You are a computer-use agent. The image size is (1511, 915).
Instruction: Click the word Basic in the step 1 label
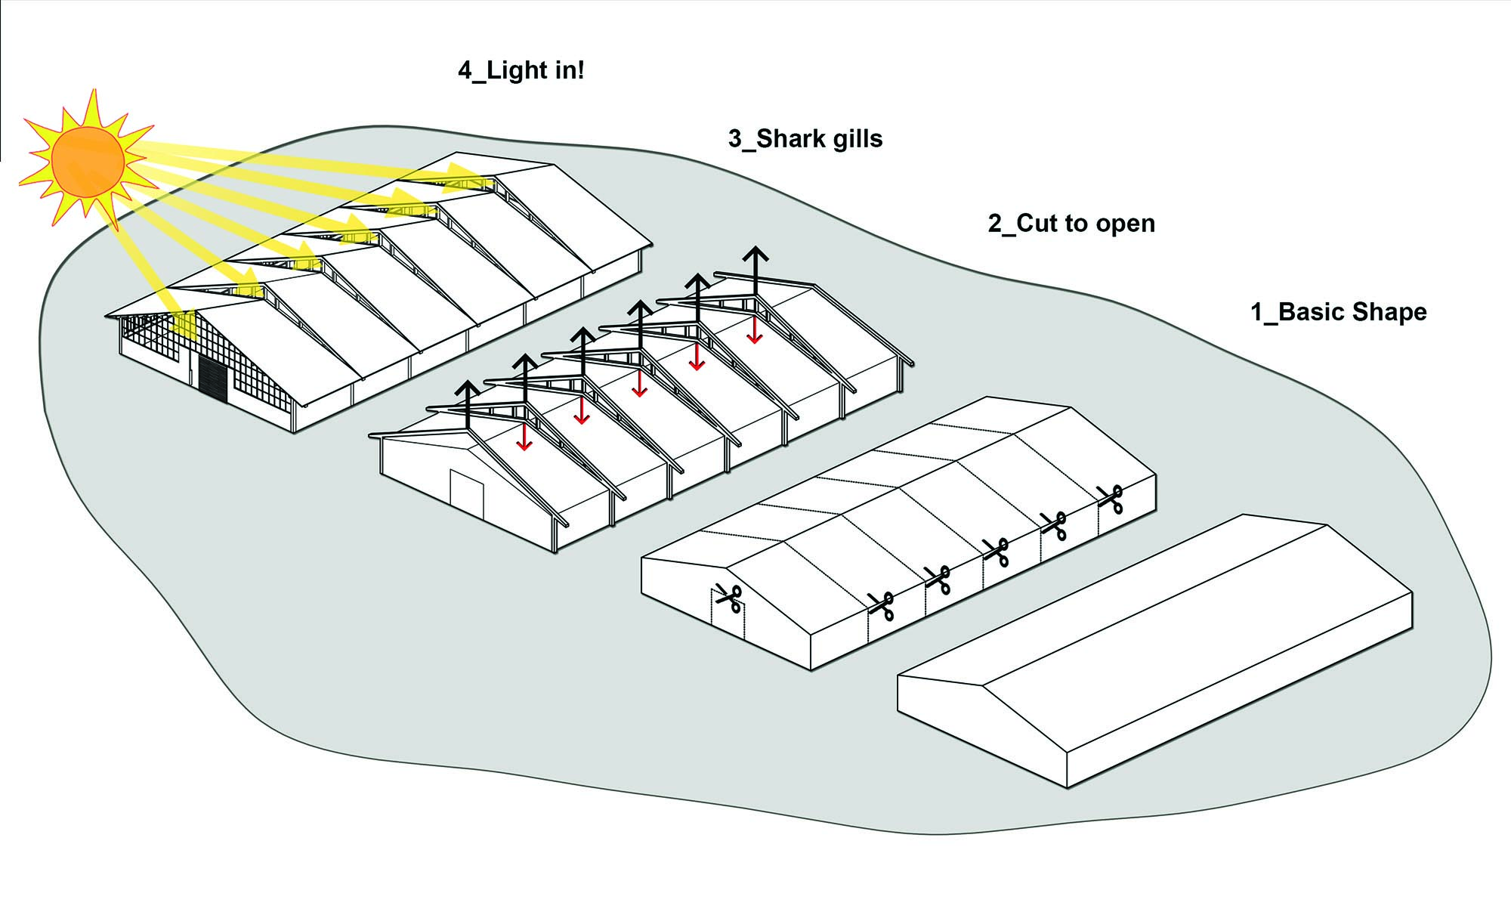coord(1311,312)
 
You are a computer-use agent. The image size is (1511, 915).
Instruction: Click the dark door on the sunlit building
coord(212,376)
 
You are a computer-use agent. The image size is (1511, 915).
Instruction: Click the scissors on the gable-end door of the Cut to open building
coord(729,599)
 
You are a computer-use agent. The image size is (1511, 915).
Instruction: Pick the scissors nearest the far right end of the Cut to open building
coord(1110,499)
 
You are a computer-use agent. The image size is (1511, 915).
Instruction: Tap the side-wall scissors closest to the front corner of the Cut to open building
coord(881,606)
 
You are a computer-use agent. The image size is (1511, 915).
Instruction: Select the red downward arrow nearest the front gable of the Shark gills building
coord(524,437)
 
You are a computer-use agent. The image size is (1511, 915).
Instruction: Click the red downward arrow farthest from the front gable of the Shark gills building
coord(754,330)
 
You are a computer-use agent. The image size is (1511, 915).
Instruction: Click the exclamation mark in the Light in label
coord(580,70)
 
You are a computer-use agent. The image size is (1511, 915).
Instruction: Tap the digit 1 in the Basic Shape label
coord(1257,312)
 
